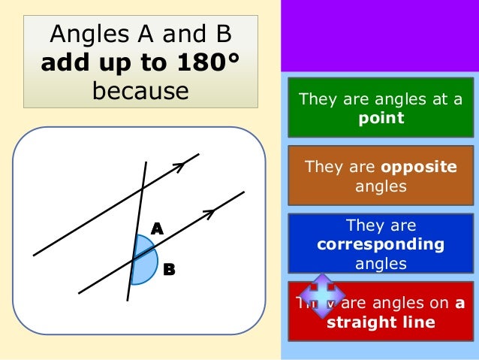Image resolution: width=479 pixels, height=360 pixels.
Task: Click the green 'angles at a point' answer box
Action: point(380,108)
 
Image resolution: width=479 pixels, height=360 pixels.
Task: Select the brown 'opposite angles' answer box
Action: point(380,176)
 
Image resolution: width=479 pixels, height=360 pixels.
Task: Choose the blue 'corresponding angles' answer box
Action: point(380,244)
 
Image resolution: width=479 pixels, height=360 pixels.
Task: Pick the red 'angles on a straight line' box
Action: point(380,312)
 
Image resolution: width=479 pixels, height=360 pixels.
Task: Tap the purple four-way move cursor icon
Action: point(321,295)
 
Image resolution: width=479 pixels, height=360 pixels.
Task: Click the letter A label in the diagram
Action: point(157,228)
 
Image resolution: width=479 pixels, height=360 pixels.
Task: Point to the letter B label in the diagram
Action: point(169,269)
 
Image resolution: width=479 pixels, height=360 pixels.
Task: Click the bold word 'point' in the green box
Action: point(380,118)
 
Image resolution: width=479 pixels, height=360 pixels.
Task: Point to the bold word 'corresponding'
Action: point(380,244)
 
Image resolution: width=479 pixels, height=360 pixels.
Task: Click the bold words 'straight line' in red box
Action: point(381,322)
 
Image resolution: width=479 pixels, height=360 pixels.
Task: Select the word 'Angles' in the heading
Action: point(83,34)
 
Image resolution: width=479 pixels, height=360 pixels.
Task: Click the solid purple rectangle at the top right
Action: point(380,36)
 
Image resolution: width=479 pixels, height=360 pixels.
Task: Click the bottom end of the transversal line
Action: point(128,301)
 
